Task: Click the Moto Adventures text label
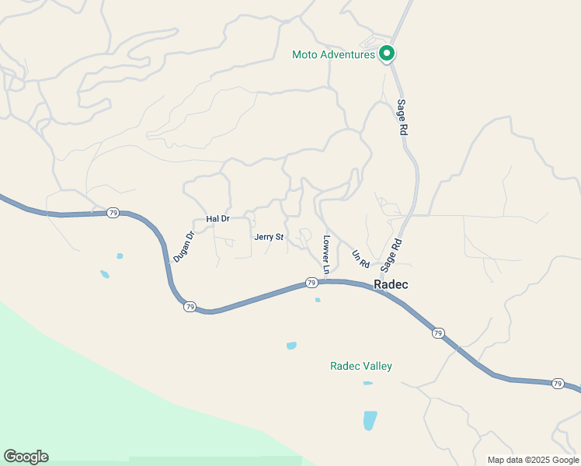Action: coord(333,54)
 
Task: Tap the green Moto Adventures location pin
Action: coord(387,54)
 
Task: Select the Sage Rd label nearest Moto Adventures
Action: coord(402,118)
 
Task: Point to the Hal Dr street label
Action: coord(217,219)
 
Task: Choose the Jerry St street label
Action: coord(269,237)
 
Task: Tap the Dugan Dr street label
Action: coord(183,246)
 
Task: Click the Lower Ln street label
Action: coord(327,255)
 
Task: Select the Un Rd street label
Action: coord(360,259)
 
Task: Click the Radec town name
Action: coord(391,285)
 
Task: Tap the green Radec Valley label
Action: coord(361,366)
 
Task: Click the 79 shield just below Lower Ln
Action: coord(311,282)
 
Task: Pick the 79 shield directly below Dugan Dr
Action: coord(190,307)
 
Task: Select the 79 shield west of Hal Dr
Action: coord(113,213)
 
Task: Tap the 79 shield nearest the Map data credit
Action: coord(558,384)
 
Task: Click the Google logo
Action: coord(26,457)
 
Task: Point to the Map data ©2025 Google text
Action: coord(534,460)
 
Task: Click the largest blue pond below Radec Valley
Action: coord(370,420)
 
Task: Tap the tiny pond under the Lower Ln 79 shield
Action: coord(318,300)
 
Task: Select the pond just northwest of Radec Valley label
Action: coord(291,346)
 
